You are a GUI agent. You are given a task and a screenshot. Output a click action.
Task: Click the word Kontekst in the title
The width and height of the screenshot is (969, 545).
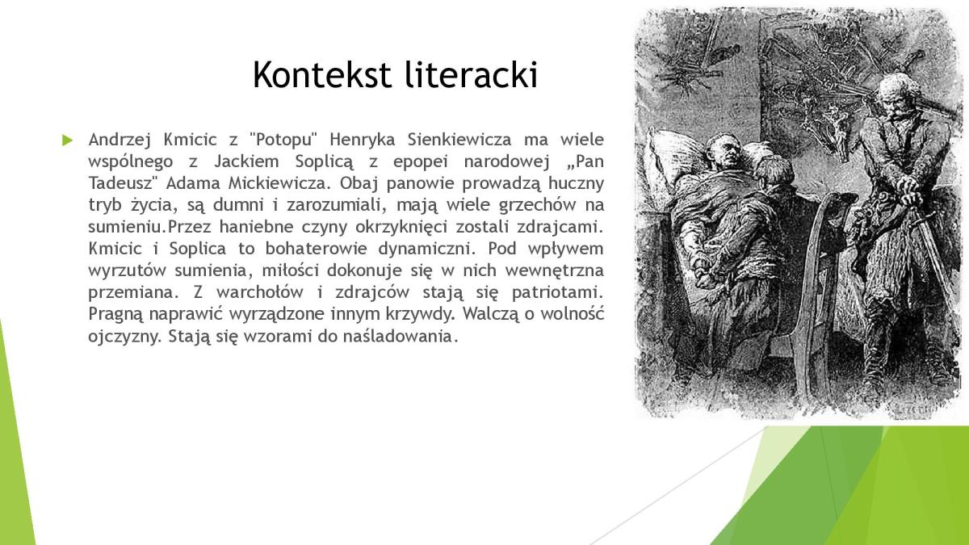[322, 74]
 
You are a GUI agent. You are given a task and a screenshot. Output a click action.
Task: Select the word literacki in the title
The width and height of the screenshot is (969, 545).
[472, 74]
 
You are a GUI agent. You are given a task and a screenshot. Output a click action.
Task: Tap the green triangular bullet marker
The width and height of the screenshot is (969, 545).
[67, 140]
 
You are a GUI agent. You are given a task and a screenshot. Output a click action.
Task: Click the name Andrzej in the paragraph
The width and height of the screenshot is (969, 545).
[120, 140]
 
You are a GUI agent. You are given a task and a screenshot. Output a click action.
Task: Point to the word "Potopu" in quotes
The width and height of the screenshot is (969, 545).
[283, 140]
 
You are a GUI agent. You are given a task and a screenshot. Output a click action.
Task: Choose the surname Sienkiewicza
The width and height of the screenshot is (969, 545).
[459, 140]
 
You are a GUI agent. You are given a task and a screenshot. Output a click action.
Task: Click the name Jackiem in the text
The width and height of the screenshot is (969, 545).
[246, 161]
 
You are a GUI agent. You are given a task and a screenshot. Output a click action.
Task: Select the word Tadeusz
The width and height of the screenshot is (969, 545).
[120, 183]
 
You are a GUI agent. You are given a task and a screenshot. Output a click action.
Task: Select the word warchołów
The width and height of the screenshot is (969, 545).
[260, 292]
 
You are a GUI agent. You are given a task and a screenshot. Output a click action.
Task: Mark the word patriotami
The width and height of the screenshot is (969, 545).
[557, 292]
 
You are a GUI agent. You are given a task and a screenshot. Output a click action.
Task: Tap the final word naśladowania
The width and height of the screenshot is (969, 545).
[401, 336]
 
